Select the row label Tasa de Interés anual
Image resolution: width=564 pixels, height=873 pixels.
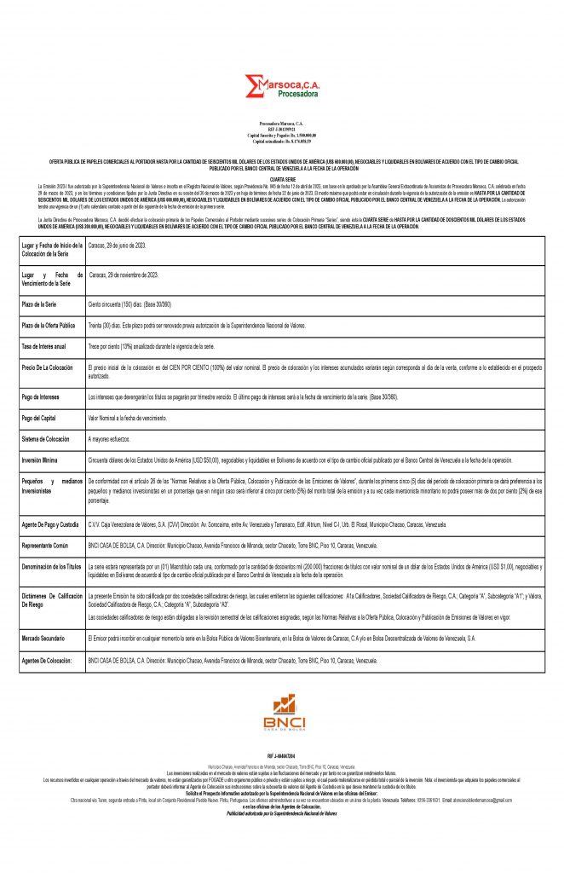tap(43, 347)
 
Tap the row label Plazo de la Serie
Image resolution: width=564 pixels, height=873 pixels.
tap(40, 303)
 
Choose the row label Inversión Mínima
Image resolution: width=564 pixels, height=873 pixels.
tap(41, 460)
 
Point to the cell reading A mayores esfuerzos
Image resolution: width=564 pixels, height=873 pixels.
tap(112, 438)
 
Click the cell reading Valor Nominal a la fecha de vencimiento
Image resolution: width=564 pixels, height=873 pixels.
tap(128, 418)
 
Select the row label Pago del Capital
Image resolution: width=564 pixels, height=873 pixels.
tap(39, 418)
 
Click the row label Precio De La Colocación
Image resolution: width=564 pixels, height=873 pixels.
tap(48, 367)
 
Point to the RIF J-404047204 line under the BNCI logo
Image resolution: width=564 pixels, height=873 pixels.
tap(282, 756)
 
